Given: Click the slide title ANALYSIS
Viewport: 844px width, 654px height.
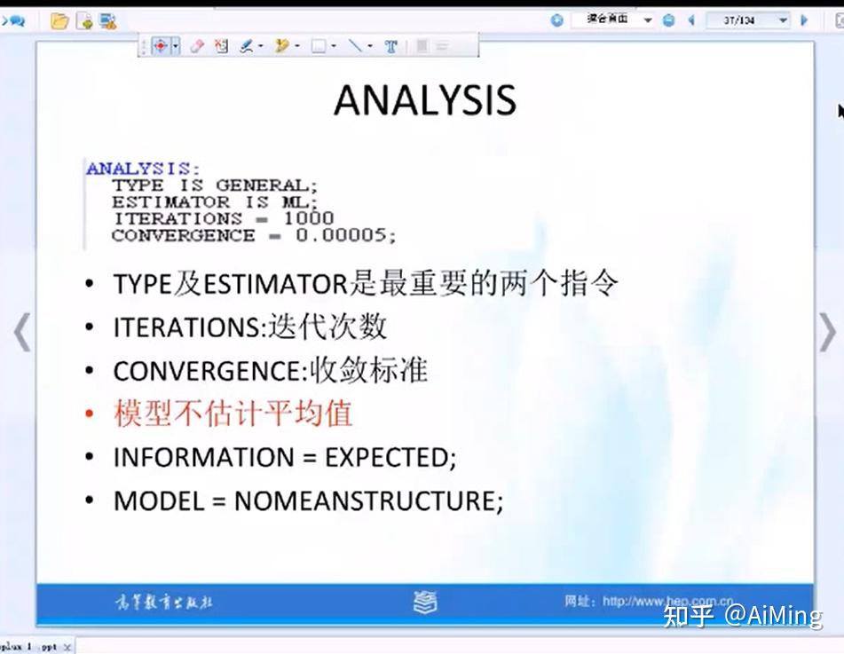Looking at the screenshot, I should point(424,100).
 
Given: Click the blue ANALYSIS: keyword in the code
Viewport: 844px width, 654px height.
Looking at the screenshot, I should point(143,168).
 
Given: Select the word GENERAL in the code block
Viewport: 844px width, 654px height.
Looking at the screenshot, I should point(264,185).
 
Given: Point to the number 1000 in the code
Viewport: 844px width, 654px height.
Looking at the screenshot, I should point(308,218).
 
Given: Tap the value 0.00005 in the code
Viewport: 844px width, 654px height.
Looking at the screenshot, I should point(345,235).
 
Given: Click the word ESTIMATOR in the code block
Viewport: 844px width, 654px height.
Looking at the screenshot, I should point(170,202).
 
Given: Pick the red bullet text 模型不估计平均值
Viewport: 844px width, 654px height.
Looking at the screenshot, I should point(233,414).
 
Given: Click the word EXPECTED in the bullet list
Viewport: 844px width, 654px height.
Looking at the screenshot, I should point(387,458).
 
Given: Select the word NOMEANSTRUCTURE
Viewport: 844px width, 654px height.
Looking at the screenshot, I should point(365,500).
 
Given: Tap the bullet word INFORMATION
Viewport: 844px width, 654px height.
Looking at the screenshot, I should point(203,458).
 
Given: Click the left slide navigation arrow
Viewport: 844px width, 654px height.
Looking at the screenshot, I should point(22,333).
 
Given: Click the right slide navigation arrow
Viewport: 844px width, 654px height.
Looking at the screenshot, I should point(826,333).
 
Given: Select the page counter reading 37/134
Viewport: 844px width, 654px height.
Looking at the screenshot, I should point(738,20).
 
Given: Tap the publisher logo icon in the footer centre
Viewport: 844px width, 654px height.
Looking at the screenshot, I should point(425,603).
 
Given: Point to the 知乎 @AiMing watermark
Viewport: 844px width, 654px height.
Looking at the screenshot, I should point(742,615).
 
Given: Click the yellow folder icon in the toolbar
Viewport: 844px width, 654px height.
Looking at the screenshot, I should point(59,20).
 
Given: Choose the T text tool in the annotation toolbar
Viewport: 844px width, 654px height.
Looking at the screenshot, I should point(390,46).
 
